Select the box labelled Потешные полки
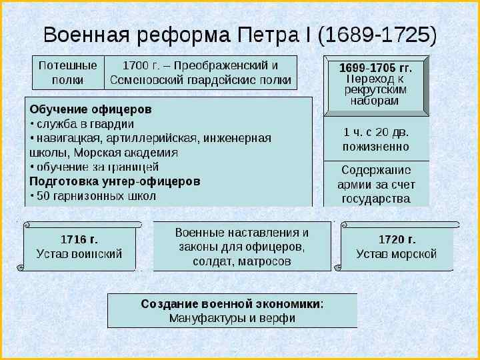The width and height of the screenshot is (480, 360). pyautogui.click(x=68, y=73)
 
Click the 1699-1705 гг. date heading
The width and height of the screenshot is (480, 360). pyautogui.click(x=375, y=68)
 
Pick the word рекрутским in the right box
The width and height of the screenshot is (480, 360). pyautogui.click(x=375, y=90)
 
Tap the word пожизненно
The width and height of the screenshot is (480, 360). pyautogui.click(x=376, y=146)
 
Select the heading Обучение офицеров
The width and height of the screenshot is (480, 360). pyautogui.click(x=91, y=109)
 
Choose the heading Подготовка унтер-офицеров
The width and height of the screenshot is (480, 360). pyautogui.click(x=115, y=181)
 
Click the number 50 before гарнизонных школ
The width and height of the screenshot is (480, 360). pyautogui.click(x=43, y=196)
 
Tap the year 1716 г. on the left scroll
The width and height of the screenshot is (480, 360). pyautogui.click(x=79, y=239)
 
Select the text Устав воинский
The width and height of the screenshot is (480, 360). pyautogui.click(x=79, y=254)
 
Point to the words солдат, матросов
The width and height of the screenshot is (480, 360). pyautogui.click(x=242, y=261)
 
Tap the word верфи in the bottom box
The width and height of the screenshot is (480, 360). pyautogui.click(x=279, y=318)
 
